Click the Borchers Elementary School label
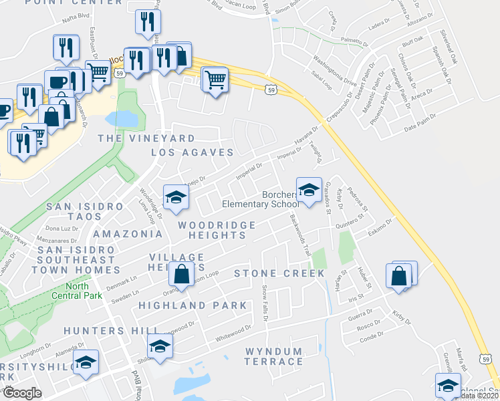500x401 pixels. pyautogui.click(x=261, y=198)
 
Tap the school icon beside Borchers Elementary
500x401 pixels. pyautogui.click(x=308, y=190)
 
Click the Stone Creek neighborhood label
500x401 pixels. pyautogui.click(x=279, y=273)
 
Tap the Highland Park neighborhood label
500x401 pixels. pyautogui.click(x=193, y=305)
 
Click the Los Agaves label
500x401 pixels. pyautogui.click(x=192, y=152)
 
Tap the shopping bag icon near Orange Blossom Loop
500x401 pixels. pyautogui.click(x=181, y=274)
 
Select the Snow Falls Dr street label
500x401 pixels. pyautogui.click(x=265, y=303)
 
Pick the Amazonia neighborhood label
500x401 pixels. pyautogui.click(x=128, y=235)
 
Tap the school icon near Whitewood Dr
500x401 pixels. pyautogui.click(x=160, y=346)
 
